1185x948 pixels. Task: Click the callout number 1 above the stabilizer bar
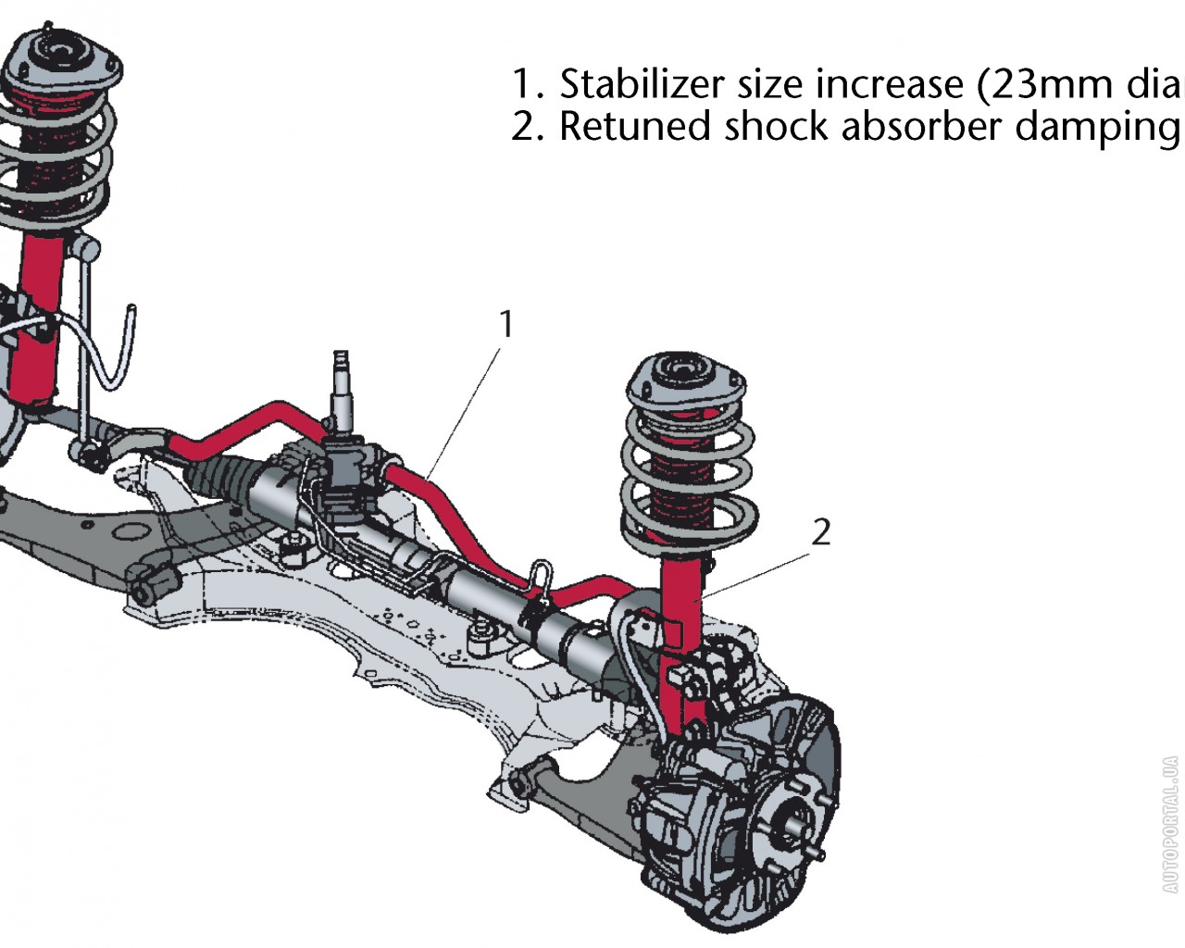pos(505,325)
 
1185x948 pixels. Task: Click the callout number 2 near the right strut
pos(820,532)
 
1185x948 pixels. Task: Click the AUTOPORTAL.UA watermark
pos(1170,824)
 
